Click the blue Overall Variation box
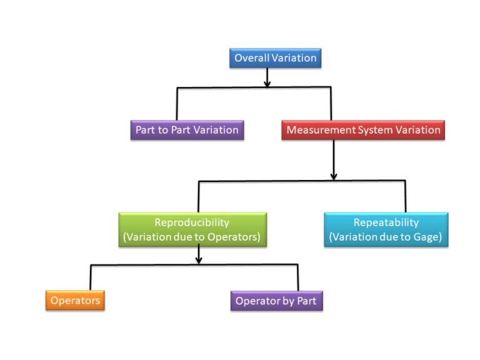click(275, 58)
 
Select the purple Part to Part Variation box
click(187, 130)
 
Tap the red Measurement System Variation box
click(363, 130)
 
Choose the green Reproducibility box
click(192, 229)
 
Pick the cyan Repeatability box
click(386, 229)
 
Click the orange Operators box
click(75, 301)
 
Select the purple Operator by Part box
click(276, 301)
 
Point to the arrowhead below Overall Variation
click(267, 83)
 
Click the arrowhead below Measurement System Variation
click(334, 176)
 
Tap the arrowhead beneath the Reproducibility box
click(199, 259)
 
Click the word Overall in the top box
click(251, 58)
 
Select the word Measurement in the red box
click(318, 130)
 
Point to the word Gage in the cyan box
click(428, 237)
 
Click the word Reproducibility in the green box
click(192, 222)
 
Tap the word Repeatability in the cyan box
click(386, 222)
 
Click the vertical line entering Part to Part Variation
click(177, 103)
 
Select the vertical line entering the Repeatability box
click(406, 197)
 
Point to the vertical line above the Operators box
click(91, 277)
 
